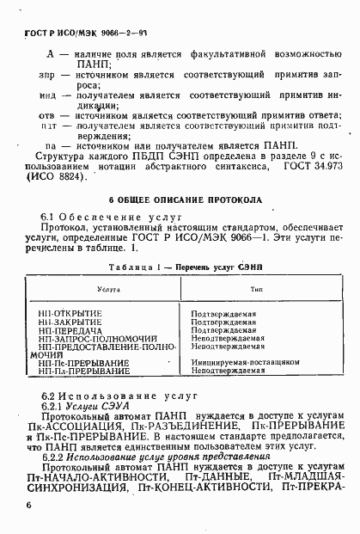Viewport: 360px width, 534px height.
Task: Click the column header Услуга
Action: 109,292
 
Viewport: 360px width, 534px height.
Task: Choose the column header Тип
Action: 255,292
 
